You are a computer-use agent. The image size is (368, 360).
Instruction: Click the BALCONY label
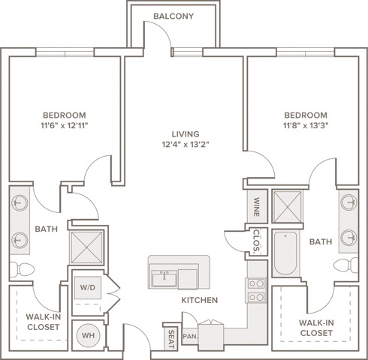coord(173,16)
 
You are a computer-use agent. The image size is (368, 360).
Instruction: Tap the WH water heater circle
coord(88,335)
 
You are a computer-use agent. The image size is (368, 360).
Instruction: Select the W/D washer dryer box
coord(88,287)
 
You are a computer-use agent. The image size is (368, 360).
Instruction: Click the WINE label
coord(257,207)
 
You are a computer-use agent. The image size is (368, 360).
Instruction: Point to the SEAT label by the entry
coord(171,339)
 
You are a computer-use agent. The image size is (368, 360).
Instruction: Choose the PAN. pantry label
coord(190,337)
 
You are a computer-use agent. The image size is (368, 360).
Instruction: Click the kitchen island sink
coord(164,279)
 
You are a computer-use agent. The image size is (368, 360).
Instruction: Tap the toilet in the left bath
coord(22,269)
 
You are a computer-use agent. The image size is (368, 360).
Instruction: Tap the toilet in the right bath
coord(346,265)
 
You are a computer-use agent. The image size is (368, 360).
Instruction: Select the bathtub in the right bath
coord(285,253)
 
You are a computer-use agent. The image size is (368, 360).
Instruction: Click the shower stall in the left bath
coord(86,247)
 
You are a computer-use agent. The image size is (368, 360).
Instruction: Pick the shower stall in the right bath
coord(287,206)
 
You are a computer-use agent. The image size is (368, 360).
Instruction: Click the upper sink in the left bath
coord(20,203)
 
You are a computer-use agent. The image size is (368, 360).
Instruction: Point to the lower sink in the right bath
coord(349,238)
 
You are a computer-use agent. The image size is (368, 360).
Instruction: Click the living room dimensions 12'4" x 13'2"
coord(186,145)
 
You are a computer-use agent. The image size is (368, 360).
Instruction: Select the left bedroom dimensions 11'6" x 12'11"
coord(65,125)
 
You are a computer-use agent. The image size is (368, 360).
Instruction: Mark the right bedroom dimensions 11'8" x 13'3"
coord(306,125)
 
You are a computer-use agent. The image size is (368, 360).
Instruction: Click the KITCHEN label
coord(200,300)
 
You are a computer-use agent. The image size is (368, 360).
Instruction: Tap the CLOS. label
coord(257,241)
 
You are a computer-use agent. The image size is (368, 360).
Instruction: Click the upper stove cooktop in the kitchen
coord(256,283)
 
